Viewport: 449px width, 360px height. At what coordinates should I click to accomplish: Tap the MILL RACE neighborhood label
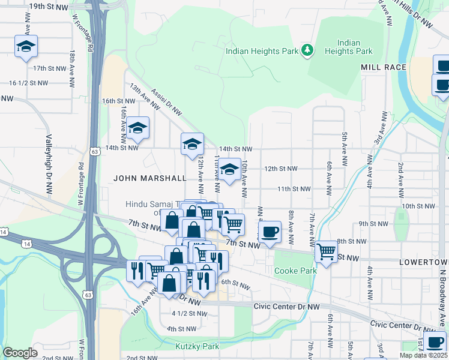384,67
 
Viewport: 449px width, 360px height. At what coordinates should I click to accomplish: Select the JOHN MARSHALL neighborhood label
150,178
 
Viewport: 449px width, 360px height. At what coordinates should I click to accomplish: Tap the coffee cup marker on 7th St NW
270,231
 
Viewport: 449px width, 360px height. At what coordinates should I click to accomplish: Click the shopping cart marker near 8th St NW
326,251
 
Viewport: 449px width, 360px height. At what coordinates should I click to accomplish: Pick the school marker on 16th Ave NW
137,127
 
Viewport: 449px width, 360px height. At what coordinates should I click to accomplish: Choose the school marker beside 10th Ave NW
229,169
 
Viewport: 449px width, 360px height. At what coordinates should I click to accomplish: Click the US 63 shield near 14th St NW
94,152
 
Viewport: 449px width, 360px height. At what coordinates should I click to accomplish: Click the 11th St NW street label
294,188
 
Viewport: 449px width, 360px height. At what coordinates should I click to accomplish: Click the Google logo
20,353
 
